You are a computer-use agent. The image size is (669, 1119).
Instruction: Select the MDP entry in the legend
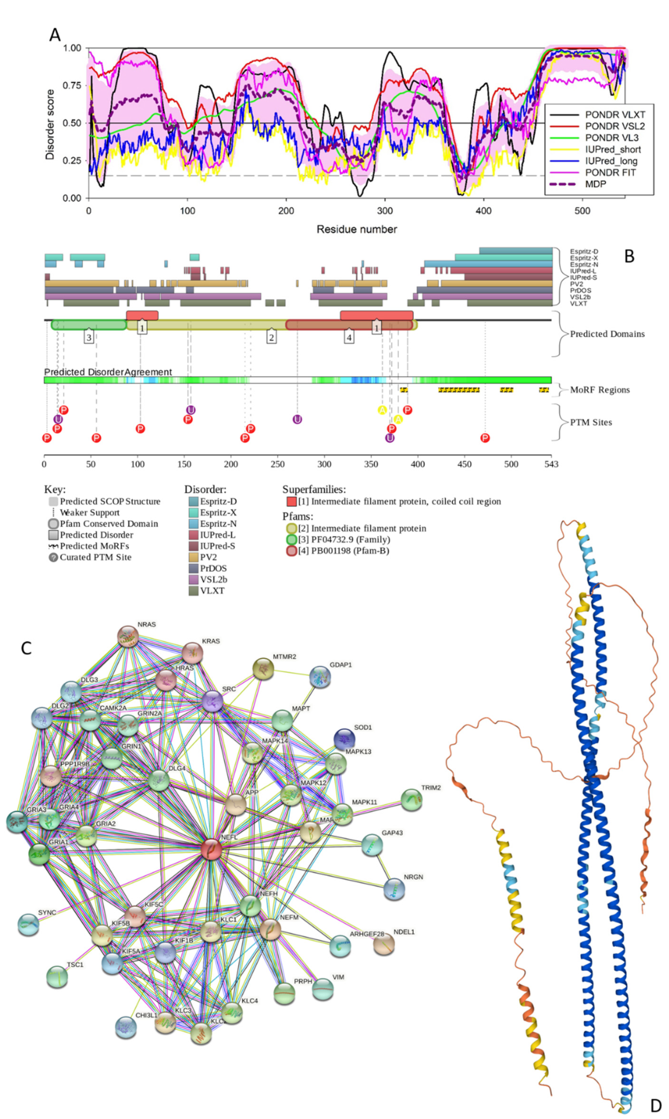pyautogui.click(x=595, y=184)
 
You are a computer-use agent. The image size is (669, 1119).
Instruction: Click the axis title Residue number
pyautogui.click(x=357, y=229)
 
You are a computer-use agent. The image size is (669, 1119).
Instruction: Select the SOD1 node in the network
pyautogui.click(x=344, y=739)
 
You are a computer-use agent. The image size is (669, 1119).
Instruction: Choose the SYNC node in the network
pyautogui.click(x=28, y=924)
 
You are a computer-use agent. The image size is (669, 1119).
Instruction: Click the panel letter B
pyautogui.click(x=629, y=256)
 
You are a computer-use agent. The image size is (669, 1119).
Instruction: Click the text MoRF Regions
pyautogui.click(x=600, y=390)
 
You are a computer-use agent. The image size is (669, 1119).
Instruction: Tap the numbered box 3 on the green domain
pyautogui.click(x=89, y=337)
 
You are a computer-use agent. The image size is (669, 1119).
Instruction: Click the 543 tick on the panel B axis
pyautogui.click(x=551, y=464)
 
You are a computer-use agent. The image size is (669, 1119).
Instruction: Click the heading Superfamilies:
pyautogui.click(x=314, y=490)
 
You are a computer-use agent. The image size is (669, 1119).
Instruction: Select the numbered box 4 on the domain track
pyautogui.click(x=349, y=337)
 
